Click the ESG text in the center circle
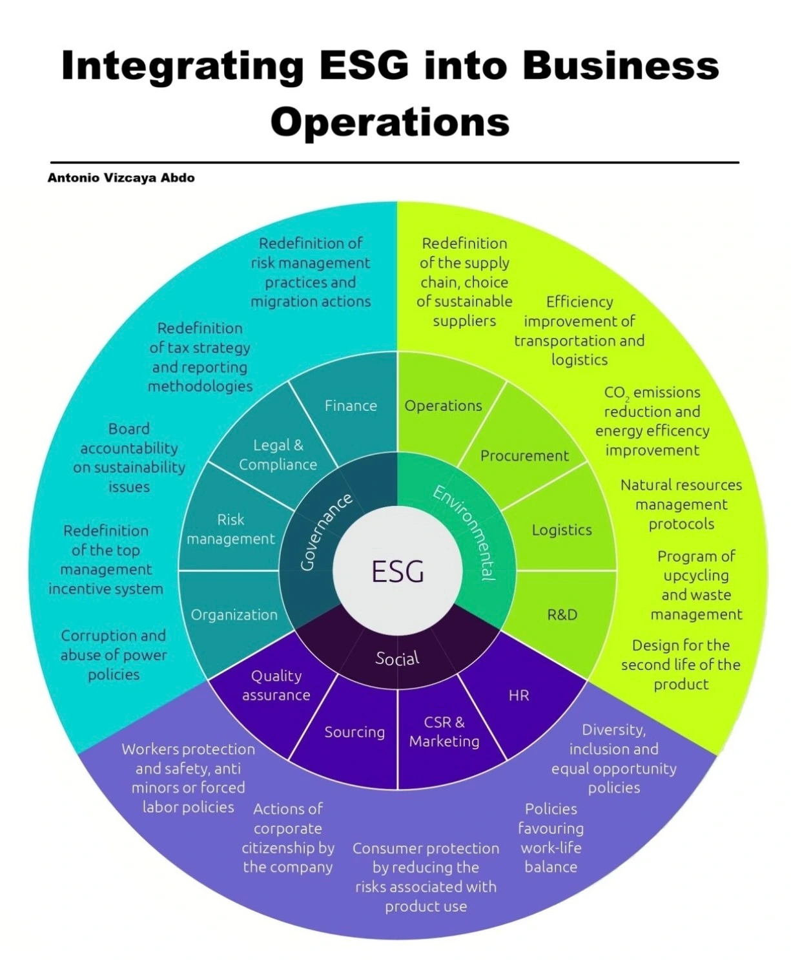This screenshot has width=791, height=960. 397,571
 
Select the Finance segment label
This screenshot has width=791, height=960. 351,406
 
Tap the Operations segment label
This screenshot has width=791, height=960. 443,406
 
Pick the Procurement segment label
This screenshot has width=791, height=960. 524,455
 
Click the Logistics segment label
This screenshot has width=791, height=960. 562,530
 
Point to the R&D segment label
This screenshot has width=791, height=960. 562,614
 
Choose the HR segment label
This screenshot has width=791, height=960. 519,695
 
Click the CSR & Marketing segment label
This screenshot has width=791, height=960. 444,731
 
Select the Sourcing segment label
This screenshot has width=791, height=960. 354,732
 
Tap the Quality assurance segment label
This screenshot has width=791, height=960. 276,685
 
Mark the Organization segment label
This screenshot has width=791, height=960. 234,615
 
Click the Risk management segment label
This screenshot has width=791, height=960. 231,529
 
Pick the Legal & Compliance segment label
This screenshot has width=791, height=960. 278,455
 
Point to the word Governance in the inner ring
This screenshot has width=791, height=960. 326,531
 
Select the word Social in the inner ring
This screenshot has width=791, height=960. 397,658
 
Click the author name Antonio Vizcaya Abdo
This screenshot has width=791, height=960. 121,178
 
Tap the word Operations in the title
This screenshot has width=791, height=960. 390,121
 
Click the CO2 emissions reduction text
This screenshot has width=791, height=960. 652,421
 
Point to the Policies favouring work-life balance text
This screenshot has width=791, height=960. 551,837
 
